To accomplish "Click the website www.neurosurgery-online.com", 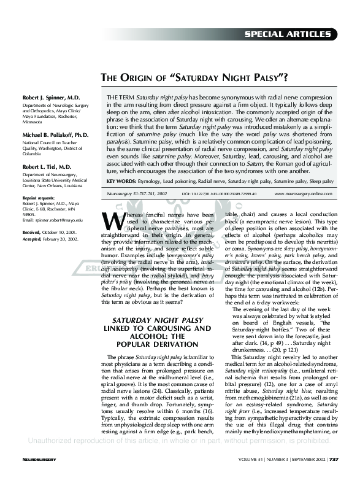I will pyautogui.click(x=304, y=193).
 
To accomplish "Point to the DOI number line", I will pyautogui.click(x=220, y=193).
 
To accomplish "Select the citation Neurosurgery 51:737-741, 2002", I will pyautogui.click(x=137, y=193).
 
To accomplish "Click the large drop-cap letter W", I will pyautogui.click(x=112, y=220).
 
